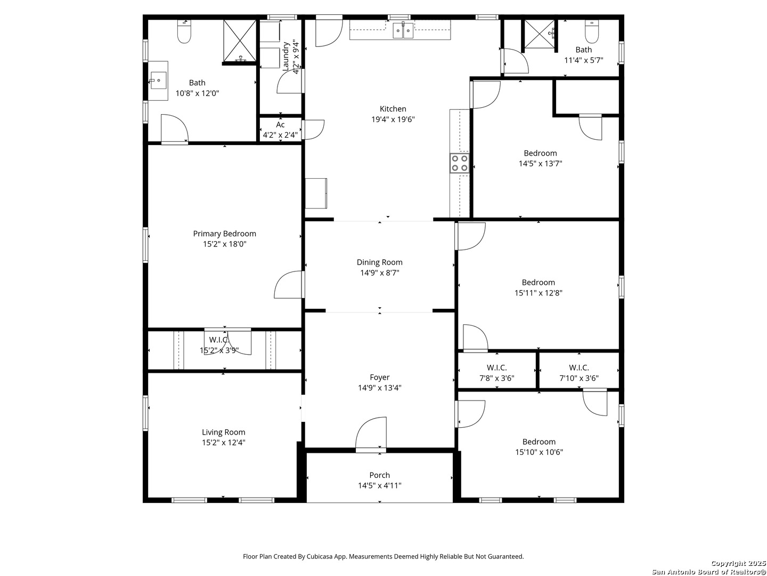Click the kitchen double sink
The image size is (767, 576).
click(x=403, y=30)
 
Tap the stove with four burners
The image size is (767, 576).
click(x=459, y=163)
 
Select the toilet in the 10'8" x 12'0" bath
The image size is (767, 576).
click(x=184, y=32)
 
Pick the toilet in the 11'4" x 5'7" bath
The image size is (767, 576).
click(x=592, y=31)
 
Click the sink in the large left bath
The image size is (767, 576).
click(x=158, y=81)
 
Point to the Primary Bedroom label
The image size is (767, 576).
click(x=224, y=234)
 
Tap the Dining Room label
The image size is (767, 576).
click(x=379, y=262)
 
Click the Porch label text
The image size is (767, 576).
click(x=379, y=475)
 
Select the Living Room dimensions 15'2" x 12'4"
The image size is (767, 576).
click(x=224, y=443)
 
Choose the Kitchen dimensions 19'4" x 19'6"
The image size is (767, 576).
click(x=393, y=119)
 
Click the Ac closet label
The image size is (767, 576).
click(x=280, y=124)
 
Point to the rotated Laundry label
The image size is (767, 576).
click(x=286, y=57)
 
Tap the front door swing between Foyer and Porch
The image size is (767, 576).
click(x=371, y=433)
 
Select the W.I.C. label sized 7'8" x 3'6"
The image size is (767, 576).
click(x=496, y=367)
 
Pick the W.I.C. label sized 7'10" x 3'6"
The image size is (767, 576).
click(x=578, y=367)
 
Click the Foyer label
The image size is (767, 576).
click(x=379, y=378)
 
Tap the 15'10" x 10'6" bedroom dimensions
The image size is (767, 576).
click(x=539, y=452)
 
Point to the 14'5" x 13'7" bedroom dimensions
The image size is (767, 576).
click(x=540, y=163)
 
